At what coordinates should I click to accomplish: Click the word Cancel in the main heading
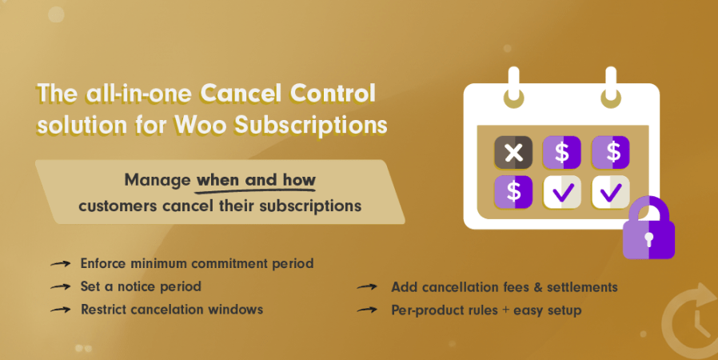point(241,94)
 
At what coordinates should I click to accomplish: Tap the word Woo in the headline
point(201,125)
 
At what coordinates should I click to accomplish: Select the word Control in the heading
point(333,94)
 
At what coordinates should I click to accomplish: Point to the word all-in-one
point(139,94)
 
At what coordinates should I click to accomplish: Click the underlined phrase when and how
point(256,180)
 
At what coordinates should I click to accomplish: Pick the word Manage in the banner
point(158,181)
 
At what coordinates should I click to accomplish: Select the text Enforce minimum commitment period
point(197,263)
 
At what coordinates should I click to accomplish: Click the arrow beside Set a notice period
point(60,287)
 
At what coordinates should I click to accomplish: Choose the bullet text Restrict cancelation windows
point(172,309)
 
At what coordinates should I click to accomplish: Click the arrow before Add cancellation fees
point(367,287)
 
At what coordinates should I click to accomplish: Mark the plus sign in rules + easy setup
point(505,310)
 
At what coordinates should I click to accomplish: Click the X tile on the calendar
point(513,153)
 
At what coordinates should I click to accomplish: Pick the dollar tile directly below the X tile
point(513,192)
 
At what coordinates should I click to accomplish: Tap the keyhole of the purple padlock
point(648,239)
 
